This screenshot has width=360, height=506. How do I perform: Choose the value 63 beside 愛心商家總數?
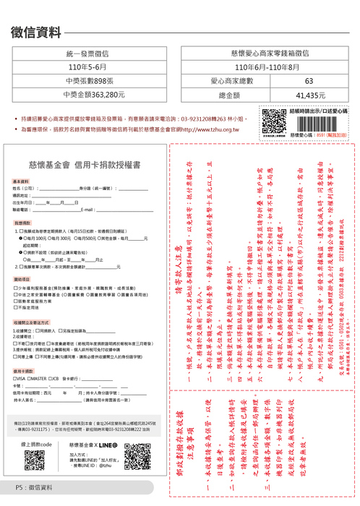click(x=309, y=81)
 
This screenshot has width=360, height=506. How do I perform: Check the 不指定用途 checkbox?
click(x=16, y=307)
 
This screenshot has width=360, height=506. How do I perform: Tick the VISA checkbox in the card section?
click(x=16, y=378)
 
